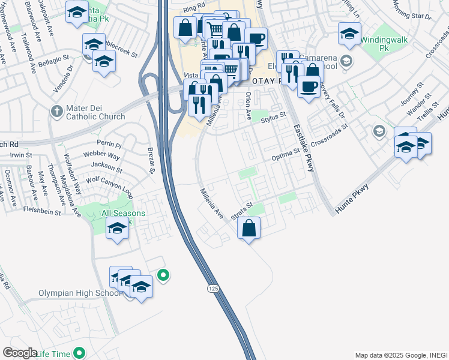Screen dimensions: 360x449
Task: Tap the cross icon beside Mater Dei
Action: pos(56,110)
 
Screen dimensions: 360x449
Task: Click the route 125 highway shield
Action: pos(214,289)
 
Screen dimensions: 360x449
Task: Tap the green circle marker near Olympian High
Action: pos(163,275)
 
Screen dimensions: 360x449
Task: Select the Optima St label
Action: pos(285,154)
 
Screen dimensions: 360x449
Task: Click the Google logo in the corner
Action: pos(20,353)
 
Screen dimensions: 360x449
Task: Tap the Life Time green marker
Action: pos(79,353)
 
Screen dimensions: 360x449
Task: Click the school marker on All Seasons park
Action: pos(118,228)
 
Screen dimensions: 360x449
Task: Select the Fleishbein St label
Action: pos(41,212)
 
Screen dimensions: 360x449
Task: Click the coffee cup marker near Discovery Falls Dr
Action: pos(309,88)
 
